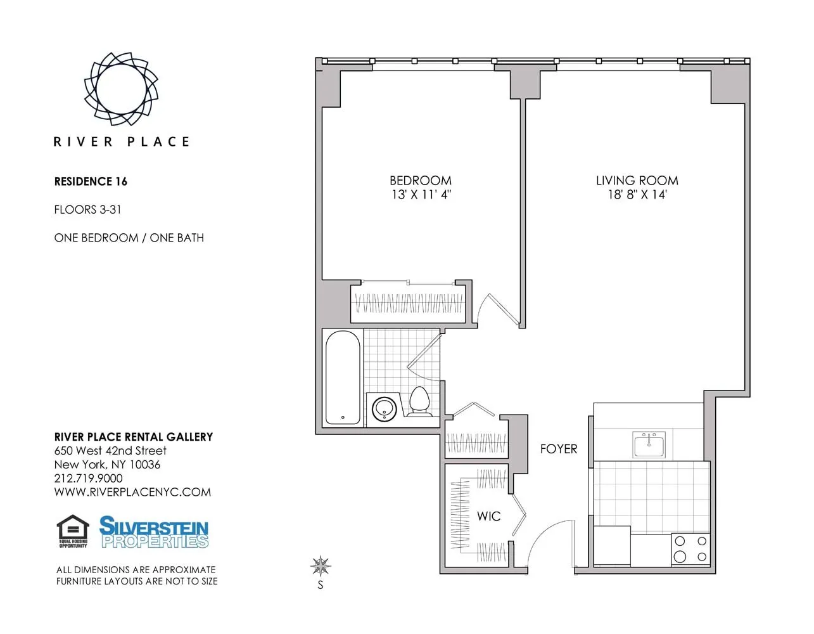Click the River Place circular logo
click(x=121, y=88)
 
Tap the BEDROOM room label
click(x=420, y=181)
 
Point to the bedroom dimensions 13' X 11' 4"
click(x=420, y=195)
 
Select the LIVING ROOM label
click(x=637, y=181)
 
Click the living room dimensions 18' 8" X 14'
click(x=637, y=195)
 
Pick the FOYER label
click(x=558, y=449)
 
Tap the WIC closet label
click(x=488, y=517)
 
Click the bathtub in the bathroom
click(x=343, y=378)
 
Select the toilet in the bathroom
click(x=419, y=402)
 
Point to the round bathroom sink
click(x=383, y=409)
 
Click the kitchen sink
click(x=649, y=444)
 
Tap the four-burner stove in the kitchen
click(x=690, y=549)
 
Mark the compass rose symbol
click(x=321, y=565)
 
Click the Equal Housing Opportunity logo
click(x=73, y=531)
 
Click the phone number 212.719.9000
click(x=89, y=479)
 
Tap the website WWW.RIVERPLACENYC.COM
click(x=132, y=493)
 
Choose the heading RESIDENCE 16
click(x=91, y=182)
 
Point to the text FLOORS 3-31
click(x=87, y=210)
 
